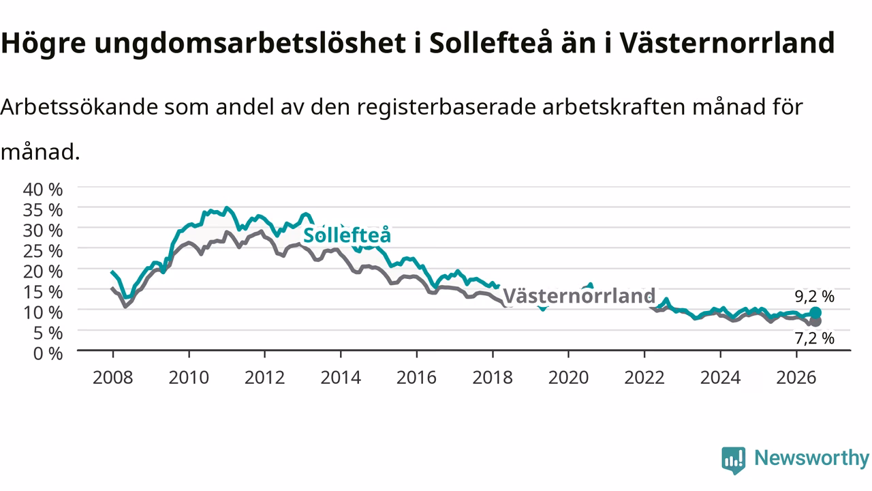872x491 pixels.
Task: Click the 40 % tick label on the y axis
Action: click(43, 190)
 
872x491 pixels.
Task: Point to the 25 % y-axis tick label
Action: click(43, 252)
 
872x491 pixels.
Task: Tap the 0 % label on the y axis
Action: click(48, 354)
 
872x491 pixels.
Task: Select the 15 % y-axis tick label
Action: click(43, 293)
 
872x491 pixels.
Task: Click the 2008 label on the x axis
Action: click(113, 378)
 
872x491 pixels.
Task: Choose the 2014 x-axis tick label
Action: click(341, 378)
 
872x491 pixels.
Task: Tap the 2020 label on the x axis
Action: click(568, 378)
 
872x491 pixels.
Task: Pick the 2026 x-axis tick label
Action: click(796, 378)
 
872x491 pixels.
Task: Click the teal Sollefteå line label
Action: click(347, 235)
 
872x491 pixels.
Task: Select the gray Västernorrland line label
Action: click(579, 296)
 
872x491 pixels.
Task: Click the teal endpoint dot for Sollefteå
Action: click(815, 313)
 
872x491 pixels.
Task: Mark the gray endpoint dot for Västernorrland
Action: click(815, 321)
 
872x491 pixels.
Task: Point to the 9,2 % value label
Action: click(814, 297)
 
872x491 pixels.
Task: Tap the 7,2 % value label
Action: click(814, 338)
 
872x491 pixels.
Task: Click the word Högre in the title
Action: click(43, 43)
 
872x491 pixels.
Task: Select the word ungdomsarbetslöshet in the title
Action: click(250, 43)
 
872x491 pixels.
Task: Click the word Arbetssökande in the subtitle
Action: click(79, 107)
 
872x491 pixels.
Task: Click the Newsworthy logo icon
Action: click(734, 460)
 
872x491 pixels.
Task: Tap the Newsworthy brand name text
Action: click(811, 458)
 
